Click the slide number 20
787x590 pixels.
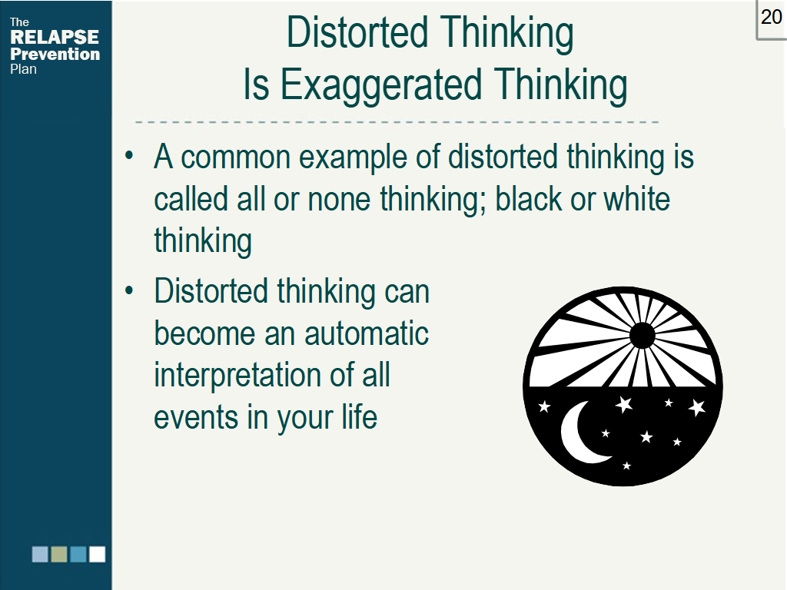click(771, 17)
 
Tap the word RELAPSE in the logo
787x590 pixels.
click(55, 38)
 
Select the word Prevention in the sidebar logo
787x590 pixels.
click(55, 54)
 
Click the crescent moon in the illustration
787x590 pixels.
click(579, 436)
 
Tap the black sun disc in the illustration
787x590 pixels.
click(642, 335)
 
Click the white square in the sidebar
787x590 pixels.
click(97, 554)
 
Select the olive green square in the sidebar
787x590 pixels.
click(59, 554)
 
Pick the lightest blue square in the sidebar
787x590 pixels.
click(40, 554)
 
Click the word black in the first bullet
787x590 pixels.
click(528, 200)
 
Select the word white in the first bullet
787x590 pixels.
click(636, 200)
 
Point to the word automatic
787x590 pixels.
click(367, 334)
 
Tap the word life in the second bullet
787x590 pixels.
click(360, 417)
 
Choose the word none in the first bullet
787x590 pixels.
click(339, 200)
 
